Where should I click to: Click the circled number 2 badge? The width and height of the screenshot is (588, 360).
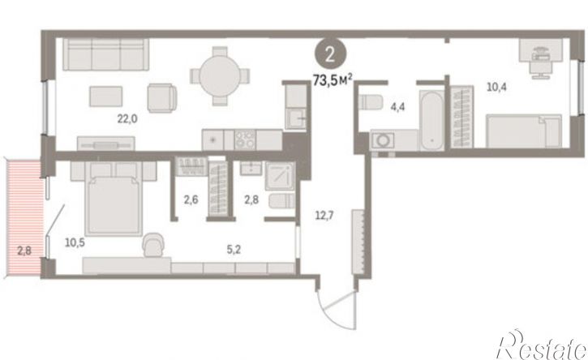(330, 55)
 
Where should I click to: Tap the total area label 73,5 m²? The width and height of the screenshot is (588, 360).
(333, 80)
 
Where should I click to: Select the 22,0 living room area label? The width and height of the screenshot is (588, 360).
(127, 119)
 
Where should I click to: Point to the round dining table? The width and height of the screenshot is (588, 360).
(219, 76)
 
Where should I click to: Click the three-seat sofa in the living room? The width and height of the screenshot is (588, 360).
(105, 54)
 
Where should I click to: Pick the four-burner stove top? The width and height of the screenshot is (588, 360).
(245, 139)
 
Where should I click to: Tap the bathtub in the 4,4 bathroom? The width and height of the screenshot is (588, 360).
(432, 120)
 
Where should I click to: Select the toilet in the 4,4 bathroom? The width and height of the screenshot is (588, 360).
(369, 102)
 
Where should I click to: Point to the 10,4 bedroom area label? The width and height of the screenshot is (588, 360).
(496, 88)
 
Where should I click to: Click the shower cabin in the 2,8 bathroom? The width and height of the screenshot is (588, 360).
(280, 176)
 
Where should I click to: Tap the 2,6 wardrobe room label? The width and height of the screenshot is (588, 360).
(191, 199)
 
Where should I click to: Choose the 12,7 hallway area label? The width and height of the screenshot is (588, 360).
(324, 216)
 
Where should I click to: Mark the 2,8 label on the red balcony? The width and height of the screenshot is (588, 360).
(25, 251)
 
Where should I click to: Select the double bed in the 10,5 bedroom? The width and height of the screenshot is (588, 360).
(114, 198)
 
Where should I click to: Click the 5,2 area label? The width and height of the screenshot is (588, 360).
(234, 250)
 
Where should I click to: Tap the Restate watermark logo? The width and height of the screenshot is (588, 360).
(542, 346)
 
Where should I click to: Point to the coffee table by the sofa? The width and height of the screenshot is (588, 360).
(105, 96)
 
